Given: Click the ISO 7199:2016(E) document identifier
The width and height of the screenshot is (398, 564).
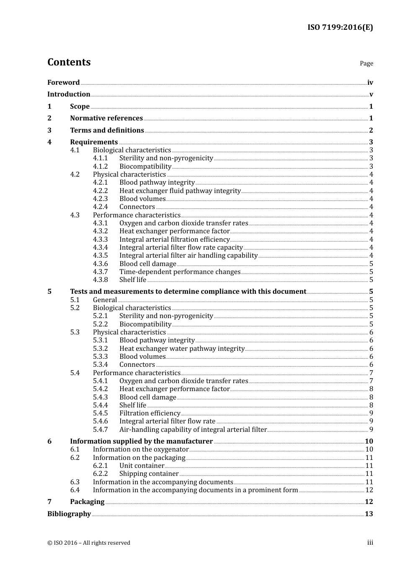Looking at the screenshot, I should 340,28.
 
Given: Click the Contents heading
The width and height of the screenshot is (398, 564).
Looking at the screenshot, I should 69,62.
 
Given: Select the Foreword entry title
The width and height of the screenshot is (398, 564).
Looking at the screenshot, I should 63,83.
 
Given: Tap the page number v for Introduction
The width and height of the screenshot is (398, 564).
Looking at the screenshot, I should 371,94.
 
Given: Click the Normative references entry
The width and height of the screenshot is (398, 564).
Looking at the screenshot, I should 106,118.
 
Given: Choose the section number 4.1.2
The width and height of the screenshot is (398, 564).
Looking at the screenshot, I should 100,167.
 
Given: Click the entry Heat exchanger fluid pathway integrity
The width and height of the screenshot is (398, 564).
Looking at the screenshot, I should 180,191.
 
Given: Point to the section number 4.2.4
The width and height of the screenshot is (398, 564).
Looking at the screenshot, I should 100,207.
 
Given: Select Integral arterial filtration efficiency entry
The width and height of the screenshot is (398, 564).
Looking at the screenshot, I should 174,240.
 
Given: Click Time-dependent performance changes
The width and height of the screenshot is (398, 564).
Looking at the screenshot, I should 180,272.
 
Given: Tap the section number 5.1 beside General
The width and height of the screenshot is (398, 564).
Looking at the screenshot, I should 75,300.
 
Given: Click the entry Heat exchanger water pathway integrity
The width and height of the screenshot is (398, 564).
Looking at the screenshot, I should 182,349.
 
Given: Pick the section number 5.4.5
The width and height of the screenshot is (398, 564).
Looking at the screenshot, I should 100,413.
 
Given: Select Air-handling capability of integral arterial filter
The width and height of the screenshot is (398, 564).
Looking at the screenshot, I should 193,430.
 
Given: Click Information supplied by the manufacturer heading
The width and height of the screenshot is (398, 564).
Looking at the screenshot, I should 141,441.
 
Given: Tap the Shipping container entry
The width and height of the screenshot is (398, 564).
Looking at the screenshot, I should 149,474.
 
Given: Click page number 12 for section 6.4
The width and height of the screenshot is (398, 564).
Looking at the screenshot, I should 369,490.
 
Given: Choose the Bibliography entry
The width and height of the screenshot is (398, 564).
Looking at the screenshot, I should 69,514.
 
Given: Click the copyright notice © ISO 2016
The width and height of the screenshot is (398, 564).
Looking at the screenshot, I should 89,543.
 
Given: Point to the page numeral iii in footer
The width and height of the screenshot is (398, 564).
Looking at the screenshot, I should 370,543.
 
